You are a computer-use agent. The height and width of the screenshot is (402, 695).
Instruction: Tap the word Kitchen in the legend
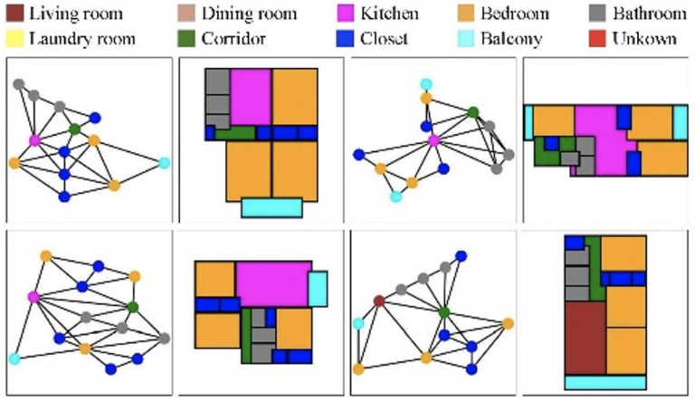pyautogui.click(x=389, y=14)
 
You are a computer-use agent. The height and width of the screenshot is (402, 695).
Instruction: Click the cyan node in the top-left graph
pyautogui.click(x=164, y=163)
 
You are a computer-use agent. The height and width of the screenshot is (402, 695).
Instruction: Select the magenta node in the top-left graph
pyautogui.click(x=34, y=140)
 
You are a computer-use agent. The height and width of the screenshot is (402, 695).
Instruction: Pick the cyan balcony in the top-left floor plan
pyautogui.click(x=271, y=207)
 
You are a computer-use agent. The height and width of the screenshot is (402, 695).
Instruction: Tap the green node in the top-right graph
pyautogui.click(x=472, y=112)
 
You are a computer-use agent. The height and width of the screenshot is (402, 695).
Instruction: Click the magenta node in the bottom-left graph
pyautogui.click(x=34, y=297)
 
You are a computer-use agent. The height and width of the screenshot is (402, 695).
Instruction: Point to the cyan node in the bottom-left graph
pyautogui.click(x=14, y=359)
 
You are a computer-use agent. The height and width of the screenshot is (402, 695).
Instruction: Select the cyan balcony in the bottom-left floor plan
pyautogui.click(x=318, y=288)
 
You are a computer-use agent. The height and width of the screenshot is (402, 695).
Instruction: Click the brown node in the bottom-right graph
pyautogui.click(x=379, y=300)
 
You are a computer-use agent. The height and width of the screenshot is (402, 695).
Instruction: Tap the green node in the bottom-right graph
pyautogui.click(x=444, y=312)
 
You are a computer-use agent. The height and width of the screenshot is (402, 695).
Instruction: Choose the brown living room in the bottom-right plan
pyautogui.click(x=585, y=337)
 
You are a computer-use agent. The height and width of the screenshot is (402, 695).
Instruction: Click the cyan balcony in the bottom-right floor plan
pyautogui.click(x=605, y=382)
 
